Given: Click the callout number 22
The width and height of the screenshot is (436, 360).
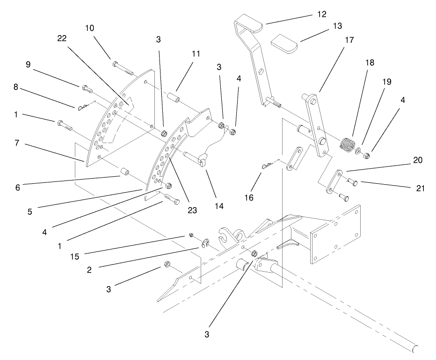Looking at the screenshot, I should (x=62, y=39).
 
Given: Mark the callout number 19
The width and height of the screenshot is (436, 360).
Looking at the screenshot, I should (x=385, y=82).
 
